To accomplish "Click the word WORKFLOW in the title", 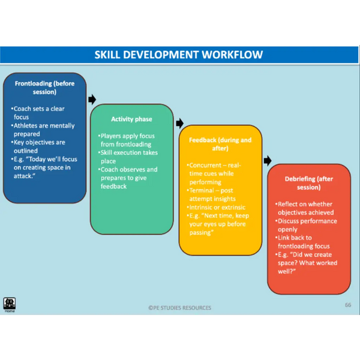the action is pos(232,55).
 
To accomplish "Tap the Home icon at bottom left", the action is pos(10,304).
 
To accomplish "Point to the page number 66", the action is pos(348,305).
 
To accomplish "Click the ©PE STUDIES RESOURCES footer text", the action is pos(180,308).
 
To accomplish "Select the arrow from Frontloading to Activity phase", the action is pos(92,100).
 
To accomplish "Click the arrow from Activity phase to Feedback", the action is pos(180,123).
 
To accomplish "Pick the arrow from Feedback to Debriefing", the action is pos(268,160).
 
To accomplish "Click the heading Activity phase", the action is pos(131,119).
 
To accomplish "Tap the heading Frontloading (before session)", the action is pos(44,88).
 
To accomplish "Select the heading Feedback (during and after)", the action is pos(220,144).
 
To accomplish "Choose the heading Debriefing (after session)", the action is pos(309,183).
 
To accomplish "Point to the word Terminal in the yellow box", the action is pos(202,190).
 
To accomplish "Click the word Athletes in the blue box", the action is pos(25,125).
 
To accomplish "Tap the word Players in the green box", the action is pos(110,136).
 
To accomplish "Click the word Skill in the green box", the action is pos(106,152).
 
